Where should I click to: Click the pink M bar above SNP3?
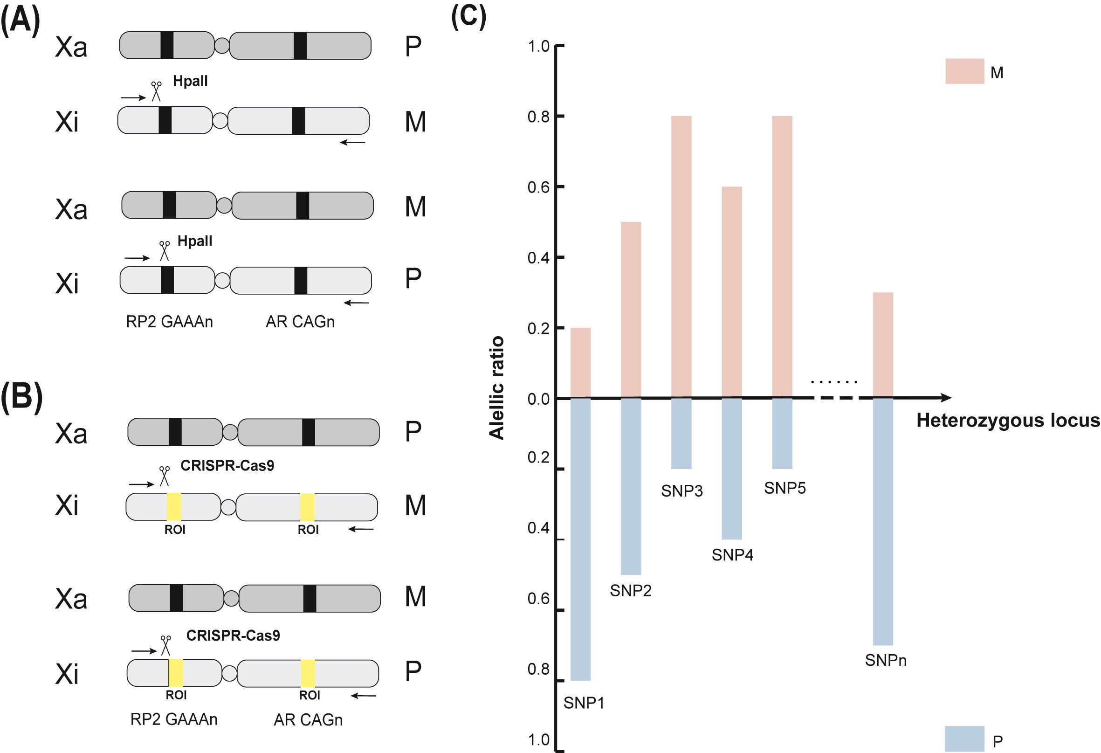pos(681,256)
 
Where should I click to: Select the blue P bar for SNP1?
pos(580,540)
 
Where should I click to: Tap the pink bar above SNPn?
pos(883,345)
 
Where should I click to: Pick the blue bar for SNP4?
pos(732,469)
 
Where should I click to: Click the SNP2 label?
pos(631,590)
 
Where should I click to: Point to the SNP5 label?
pos(784,488)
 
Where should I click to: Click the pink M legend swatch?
pos(964,71)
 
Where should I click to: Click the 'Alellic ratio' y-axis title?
pos(497,387)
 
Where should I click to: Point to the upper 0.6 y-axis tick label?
pos(538,187)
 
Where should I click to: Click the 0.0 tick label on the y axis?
pos(538,399)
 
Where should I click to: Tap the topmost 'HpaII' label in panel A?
pos(190,81)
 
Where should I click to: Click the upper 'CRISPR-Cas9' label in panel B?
pos(227,466)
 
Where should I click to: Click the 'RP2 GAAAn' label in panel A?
pos(169,322)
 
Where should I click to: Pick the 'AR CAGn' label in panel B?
pos(308,720)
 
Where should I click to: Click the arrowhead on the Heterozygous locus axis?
pos(946,398)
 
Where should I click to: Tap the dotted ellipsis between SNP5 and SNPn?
pos(834,381)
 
